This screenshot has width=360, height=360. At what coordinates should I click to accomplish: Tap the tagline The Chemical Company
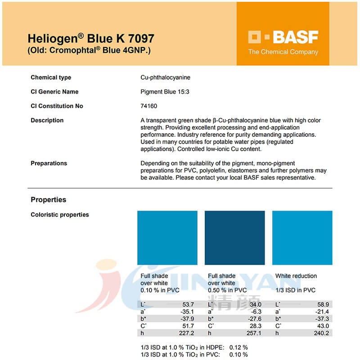(283, 52)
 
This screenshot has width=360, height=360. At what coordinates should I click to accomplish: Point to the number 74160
(149, 106)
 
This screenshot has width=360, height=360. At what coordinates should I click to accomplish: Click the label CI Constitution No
(57, 106)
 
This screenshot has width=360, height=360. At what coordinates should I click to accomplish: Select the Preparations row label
(49, 163)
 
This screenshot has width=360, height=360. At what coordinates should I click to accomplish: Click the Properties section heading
(48, 200)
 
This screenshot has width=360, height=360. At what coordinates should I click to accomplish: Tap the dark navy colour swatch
(234, 238)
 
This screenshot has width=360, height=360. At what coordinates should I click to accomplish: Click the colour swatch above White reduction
(302, 238)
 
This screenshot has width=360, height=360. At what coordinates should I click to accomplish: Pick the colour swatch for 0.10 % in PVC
(167, 238)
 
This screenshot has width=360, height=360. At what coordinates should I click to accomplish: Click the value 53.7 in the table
(186, 305)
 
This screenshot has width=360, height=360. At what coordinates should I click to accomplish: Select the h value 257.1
(253, 333)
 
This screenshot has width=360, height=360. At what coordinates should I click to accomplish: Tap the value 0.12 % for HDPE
(238, 347)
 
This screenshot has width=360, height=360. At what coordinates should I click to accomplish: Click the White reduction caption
(296, 276)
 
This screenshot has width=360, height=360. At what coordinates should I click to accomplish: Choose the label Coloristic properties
(60, 215)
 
